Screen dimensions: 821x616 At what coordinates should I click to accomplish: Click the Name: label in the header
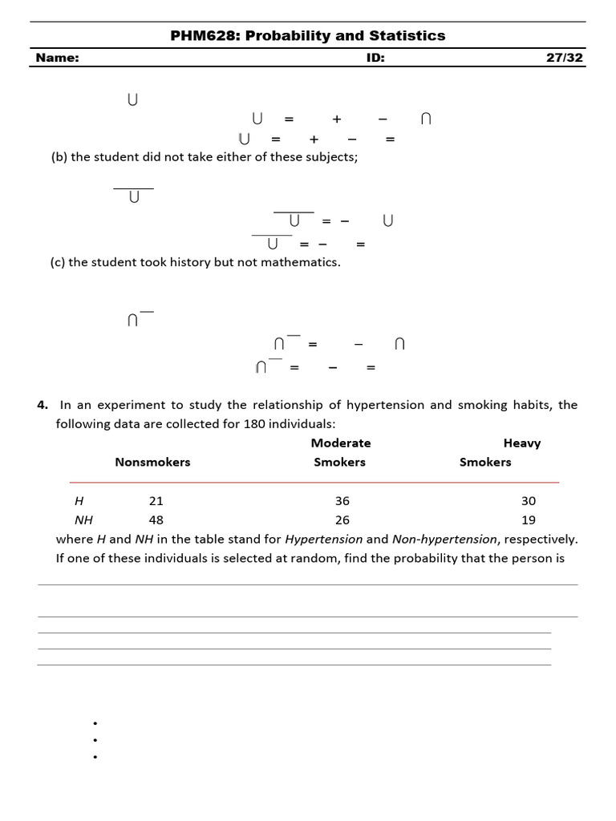57,58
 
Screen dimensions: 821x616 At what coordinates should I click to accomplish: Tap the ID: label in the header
375,58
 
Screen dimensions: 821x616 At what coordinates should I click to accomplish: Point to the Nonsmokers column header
152,462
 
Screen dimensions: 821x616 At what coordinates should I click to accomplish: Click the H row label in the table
79,500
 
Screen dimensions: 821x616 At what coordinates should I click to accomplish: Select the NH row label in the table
83,520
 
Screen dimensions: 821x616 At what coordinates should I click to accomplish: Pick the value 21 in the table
156,500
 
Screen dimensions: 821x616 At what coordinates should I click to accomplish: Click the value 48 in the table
156,520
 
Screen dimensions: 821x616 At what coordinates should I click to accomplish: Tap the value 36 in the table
342,500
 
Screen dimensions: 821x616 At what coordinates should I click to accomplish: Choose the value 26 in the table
342,520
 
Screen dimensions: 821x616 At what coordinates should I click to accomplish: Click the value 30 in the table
529,500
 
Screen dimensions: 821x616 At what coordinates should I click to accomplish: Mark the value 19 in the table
529,520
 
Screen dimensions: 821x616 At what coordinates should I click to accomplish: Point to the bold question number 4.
42,405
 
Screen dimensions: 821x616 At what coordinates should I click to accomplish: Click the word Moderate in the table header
341,443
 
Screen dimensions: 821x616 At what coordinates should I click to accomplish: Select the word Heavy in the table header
522,443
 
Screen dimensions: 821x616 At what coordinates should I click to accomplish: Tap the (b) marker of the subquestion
59,157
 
